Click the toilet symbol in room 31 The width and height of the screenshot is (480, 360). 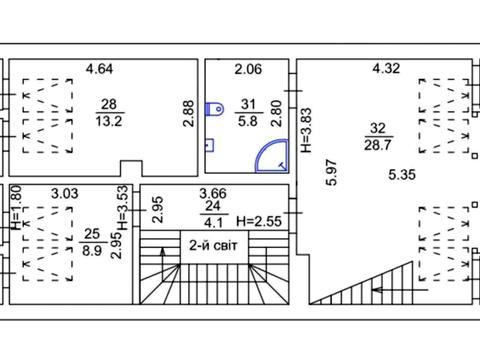click(x=214, y=109)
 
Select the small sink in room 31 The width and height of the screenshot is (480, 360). click(x=209, y=145)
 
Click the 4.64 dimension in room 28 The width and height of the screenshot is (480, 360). click(x=99, y=69)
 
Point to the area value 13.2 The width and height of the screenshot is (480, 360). click(x=109, y=121)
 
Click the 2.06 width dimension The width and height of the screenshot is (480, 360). click(x=248, y=69)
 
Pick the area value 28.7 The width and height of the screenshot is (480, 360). click(x=378, y=145)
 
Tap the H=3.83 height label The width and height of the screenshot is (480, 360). click(x=306, y=130)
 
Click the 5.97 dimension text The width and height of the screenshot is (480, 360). click(x=332, y=173)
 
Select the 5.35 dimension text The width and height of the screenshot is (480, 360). click(x=402, y=175)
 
